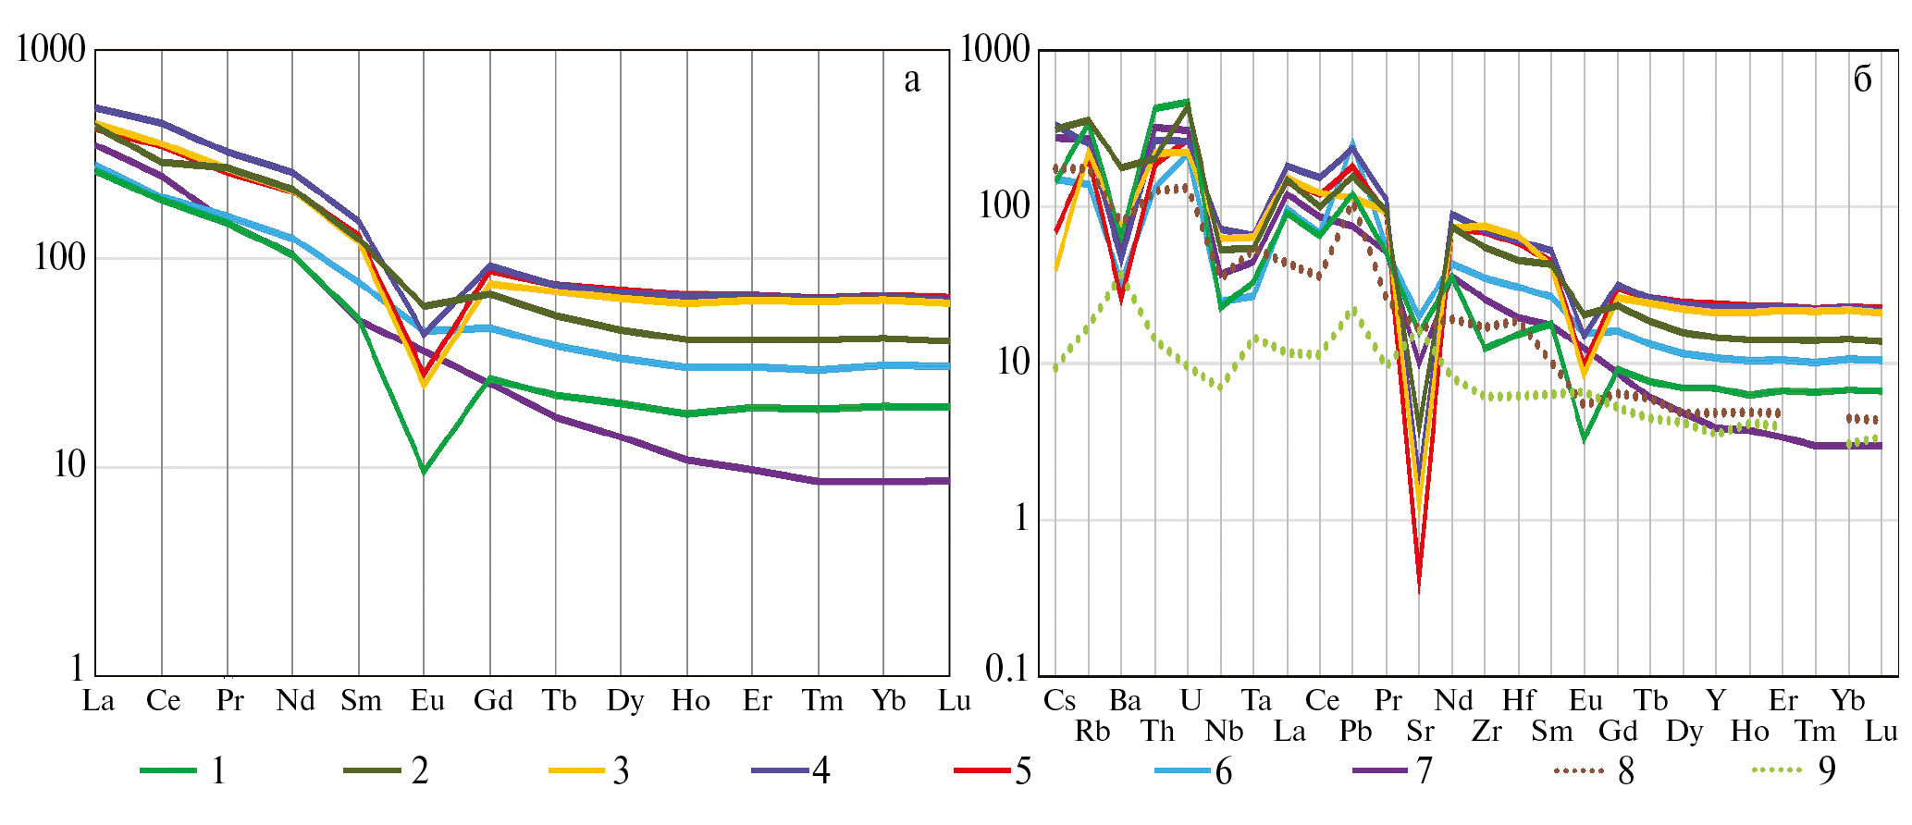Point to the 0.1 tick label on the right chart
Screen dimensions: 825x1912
(x=1006, y=668)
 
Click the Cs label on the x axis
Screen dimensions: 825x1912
(x=1059, y=701)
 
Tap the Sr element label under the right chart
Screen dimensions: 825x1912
(x=1420, y=732)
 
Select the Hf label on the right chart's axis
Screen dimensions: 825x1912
(x=1519, y=701)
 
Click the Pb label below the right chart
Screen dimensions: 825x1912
(x=1355, y=732)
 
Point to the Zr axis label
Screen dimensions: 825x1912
(x=1486, y=732)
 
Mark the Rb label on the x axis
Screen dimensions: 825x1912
(x=1092, y=732)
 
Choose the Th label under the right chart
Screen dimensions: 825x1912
(x=1157, y=732)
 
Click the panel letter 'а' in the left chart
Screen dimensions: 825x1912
(x=912, y=80)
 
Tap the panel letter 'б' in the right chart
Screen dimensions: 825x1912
(x=1862, y=80)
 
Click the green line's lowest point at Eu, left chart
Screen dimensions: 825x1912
(x=424, y=472)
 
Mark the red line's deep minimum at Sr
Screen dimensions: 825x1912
(x=1419, y=586)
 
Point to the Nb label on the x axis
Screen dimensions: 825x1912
(x=1224, y=732)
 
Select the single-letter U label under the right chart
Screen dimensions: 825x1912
(x=1190, y=701)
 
